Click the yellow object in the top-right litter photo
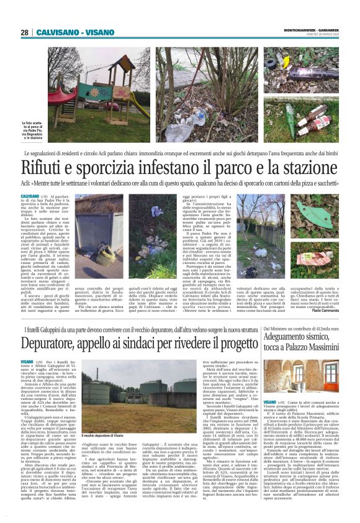(x=286, y=62)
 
